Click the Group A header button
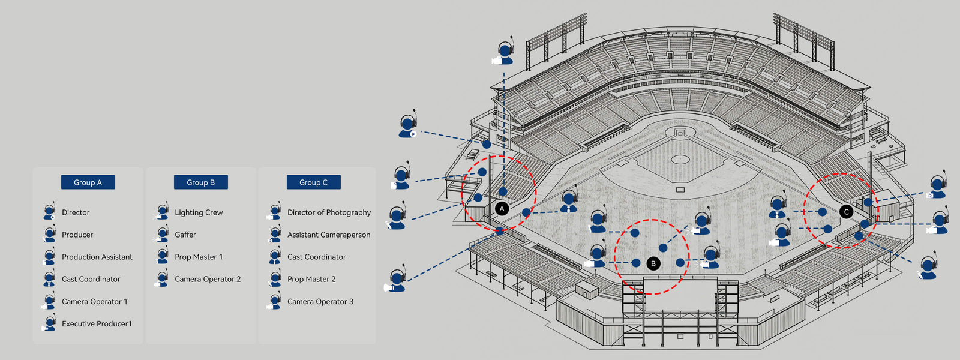coord(88,182)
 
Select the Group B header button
coord(200,182)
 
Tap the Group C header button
coord(313,182)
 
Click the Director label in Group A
coord(76,212)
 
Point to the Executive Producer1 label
coord(97,324)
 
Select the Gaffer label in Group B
coord(185,235)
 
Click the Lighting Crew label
coord(199,212)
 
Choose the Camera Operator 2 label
coord(208,279)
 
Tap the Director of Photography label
coord(329,212)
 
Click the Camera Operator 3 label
coord(320,302)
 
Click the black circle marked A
coord(502,209)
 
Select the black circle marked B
coord(653,263)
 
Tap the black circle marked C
coord(847,212)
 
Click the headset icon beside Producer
coord(49,235)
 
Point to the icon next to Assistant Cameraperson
coord(275,235)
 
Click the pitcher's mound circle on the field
coord(680,159)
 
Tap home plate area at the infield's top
coord(679,133)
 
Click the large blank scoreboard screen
coord(680,294)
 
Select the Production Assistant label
coord(97,257)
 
